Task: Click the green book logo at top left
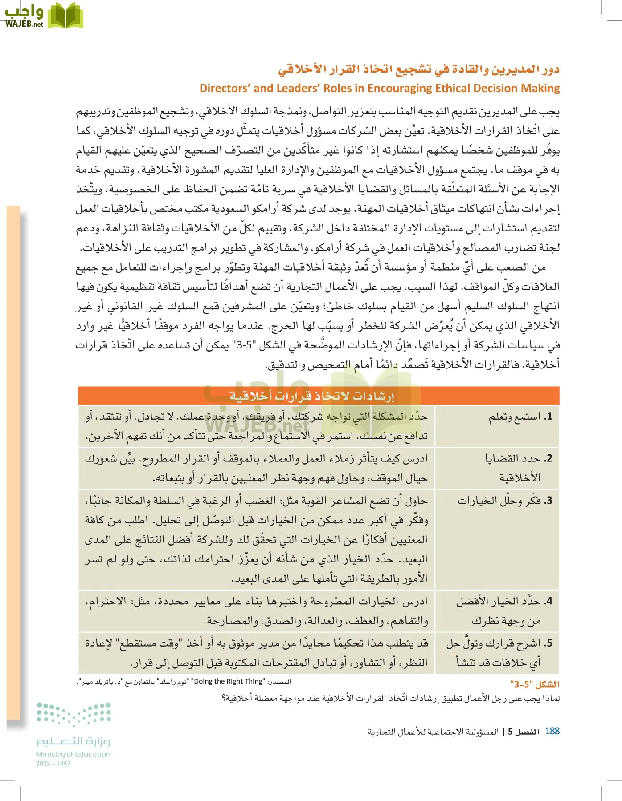[x=65, y=16]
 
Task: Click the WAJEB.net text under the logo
[x=25, y=24]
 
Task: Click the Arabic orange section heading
[x=418, y=69]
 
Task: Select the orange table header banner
[x=318, y=396]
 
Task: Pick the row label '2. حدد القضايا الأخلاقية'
[x=519, y=468]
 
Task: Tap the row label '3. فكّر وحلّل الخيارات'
[x=505, y=501]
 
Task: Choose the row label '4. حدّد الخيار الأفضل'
[x=504, y=611]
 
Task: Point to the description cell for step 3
[x=256, y=539]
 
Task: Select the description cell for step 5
[x=256, y=653]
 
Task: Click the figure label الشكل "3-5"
[x=535, y=684]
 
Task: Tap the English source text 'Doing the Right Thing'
[x=229, y=681]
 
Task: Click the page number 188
[x=552, y=731]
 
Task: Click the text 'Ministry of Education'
[x=73, y=754]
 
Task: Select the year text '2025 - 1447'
[x=53, y=763]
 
